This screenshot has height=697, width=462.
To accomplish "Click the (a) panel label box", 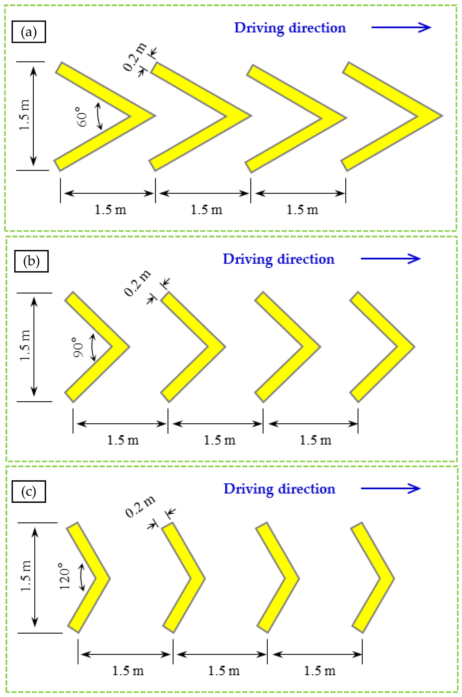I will pyautogui.click(x=28, y=32).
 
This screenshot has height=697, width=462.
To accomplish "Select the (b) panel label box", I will pyautogui.click(x=31, y=261).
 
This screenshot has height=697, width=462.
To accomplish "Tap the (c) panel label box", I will pyautogui.click(x=28, y=491).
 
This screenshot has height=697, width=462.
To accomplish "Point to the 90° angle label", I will pyautogui.click(x=79, y=347).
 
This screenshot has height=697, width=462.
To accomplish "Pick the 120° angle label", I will pyautogui.click(x=65, y=576).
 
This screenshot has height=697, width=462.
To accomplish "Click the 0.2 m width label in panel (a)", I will pyautogui.click(x=134, y=57).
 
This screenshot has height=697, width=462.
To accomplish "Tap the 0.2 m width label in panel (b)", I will pyautogui.click(x=137, y=283).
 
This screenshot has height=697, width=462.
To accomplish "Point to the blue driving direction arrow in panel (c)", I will pyautogui.click(x=391, y=488).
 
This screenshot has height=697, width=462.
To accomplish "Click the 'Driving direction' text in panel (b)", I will pyautogui.click(x=278, y=259).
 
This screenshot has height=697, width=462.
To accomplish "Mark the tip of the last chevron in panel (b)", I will pyautogui.click(x=414, y=347).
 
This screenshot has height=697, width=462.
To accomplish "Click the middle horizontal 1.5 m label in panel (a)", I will pyautogui.click(x=206, y=210).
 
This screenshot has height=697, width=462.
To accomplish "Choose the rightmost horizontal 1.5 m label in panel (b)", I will pyautogui.click(x=315, y=440).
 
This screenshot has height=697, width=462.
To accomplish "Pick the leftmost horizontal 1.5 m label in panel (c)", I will pyautogui.click(x=128, y=671).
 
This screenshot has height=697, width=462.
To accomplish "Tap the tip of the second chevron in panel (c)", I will pyautogui.click(x=204, y=578).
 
